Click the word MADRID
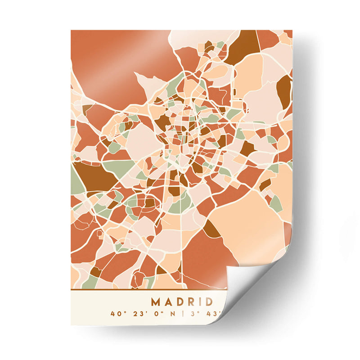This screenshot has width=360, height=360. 181,301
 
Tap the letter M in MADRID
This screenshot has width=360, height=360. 155,301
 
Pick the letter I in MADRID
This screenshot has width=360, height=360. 198,301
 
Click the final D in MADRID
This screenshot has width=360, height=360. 207,301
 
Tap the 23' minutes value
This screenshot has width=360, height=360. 135,313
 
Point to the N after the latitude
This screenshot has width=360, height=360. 170,313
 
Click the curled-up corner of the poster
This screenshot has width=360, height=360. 252,288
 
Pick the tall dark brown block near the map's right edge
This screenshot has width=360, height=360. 284,90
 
